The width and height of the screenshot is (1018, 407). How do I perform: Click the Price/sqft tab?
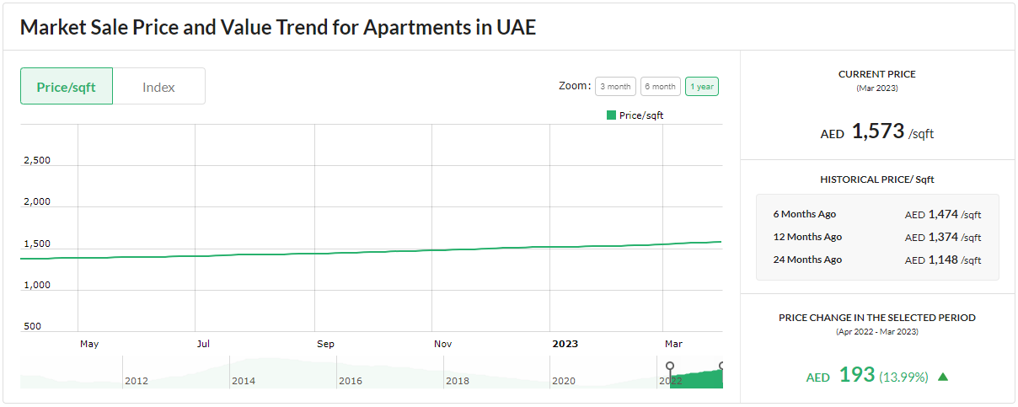[x=67, y=87]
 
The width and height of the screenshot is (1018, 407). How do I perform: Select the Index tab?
[x=158, y=87]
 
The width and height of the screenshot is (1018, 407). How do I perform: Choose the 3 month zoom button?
[x=615, y=87]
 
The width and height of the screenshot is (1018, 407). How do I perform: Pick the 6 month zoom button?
[x=660, y=87]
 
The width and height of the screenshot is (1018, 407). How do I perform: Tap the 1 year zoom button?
[x=702, y=87]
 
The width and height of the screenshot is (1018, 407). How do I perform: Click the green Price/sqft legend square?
[x=611, y=115]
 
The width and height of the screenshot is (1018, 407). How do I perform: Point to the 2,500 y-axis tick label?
[x=36, y=161]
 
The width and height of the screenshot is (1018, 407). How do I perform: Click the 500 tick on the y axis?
[x=33, y=326]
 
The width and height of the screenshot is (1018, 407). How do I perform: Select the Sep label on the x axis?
[x=325, y=344]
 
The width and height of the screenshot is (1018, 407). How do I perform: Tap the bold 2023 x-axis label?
[x=565, y=344]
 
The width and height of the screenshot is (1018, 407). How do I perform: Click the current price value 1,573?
[x=877, y=131]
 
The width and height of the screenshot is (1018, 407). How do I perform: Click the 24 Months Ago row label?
[x=807, y=260]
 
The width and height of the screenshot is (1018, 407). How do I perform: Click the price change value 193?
[x=857, y=375]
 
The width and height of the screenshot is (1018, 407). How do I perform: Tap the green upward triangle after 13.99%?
[x=943, y=377]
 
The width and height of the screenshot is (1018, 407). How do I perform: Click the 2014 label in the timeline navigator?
[x=244, y=381]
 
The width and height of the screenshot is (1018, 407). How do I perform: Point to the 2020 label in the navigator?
[x=564, y=381]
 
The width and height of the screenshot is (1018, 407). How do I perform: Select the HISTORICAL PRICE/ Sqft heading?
[x=876, y=179]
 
